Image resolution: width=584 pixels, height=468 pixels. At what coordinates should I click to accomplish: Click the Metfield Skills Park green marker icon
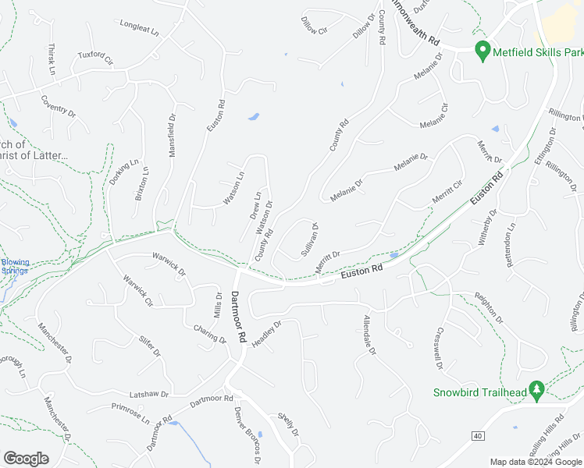[483, 51]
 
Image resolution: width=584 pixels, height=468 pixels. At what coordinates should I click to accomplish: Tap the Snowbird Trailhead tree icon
[536, 389]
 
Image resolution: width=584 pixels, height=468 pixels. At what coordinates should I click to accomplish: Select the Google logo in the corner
[27, 459]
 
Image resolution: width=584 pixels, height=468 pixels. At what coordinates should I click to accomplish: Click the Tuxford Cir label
[95, 58]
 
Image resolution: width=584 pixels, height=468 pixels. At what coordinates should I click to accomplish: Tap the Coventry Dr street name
[58, 106]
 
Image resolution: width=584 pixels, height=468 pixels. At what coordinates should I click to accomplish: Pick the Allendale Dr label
[369, 335]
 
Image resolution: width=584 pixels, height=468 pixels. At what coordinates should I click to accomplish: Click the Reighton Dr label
[489, 308]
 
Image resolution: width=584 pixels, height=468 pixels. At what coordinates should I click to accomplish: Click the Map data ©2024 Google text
[536, 462]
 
